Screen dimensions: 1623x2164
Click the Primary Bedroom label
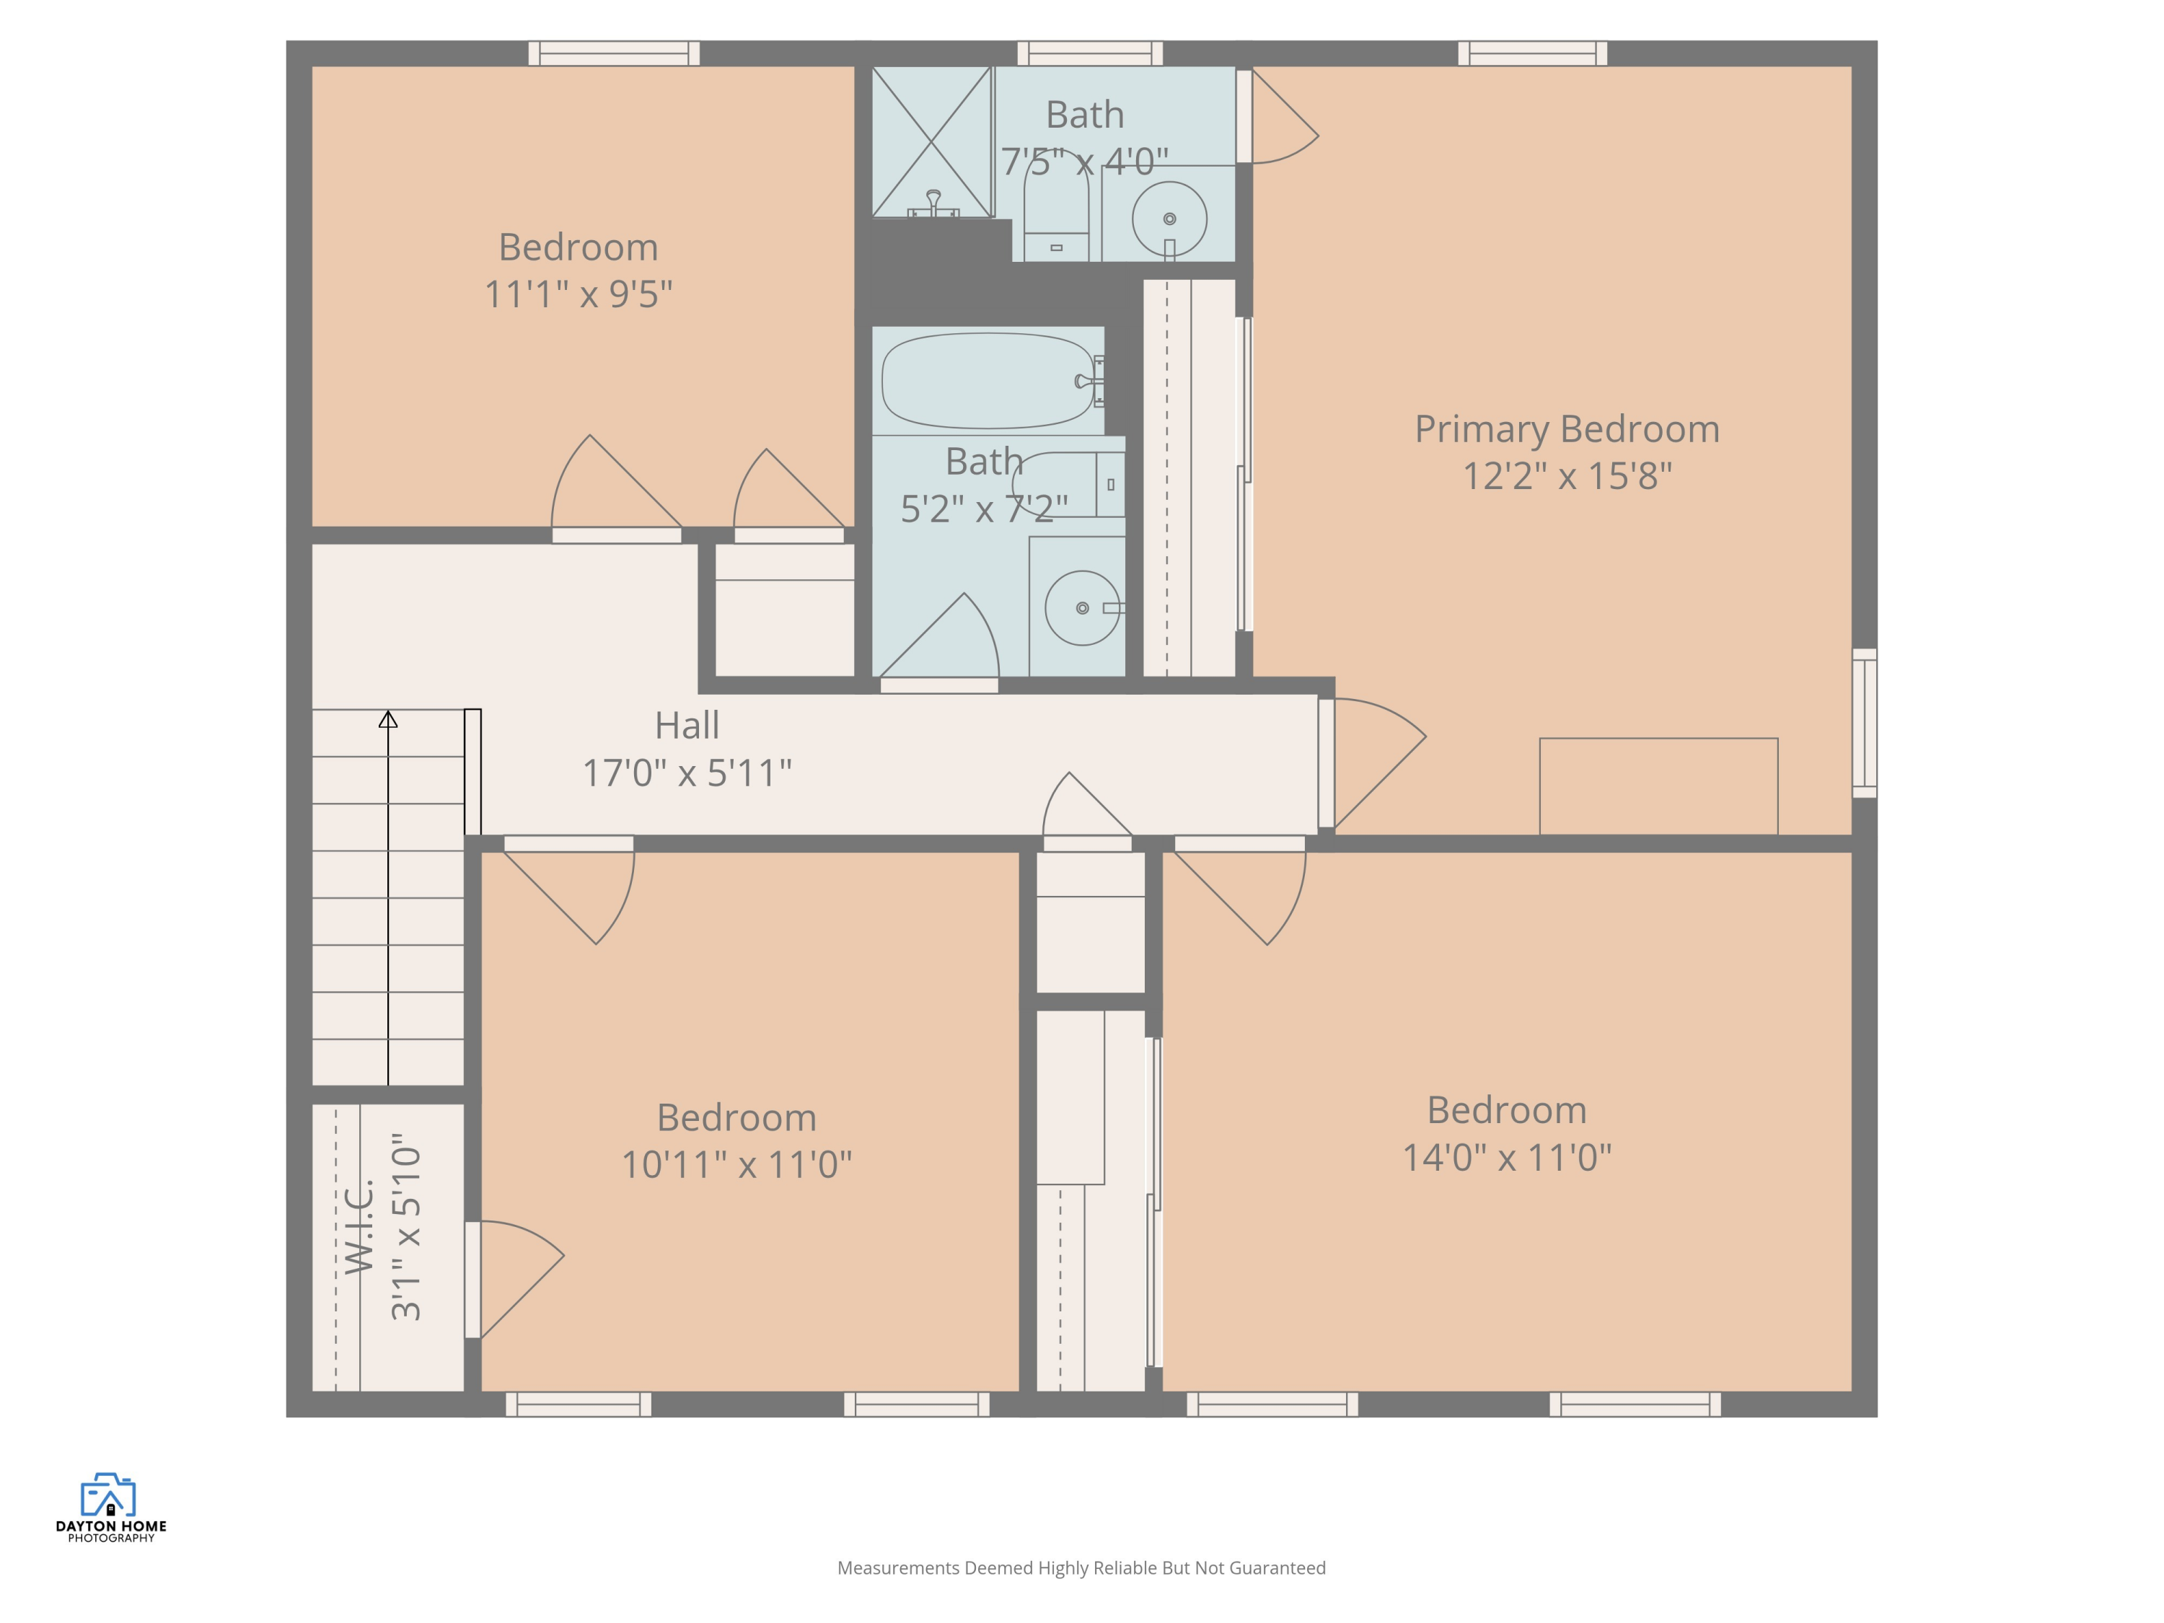click(1566, 429)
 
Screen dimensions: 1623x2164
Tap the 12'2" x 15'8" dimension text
click(1566, 476)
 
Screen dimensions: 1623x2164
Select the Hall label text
click(687, 726)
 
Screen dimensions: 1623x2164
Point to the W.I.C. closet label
click(360, 1227)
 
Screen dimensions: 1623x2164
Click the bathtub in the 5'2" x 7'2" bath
click(986, 381)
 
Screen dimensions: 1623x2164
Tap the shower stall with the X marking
click(931, 142)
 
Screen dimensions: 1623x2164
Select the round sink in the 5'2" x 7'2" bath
click(1082, 607)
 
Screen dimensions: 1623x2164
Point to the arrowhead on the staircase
click(388, 720)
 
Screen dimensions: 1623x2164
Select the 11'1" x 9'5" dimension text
click(579, 294)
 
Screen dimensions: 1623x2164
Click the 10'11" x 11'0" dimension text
click(736, 1165)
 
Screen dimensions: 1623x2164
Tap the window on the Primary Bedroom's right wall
click(1865, 723)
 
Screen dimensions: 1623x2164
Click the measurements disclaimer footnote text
click(1081, 1568)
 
